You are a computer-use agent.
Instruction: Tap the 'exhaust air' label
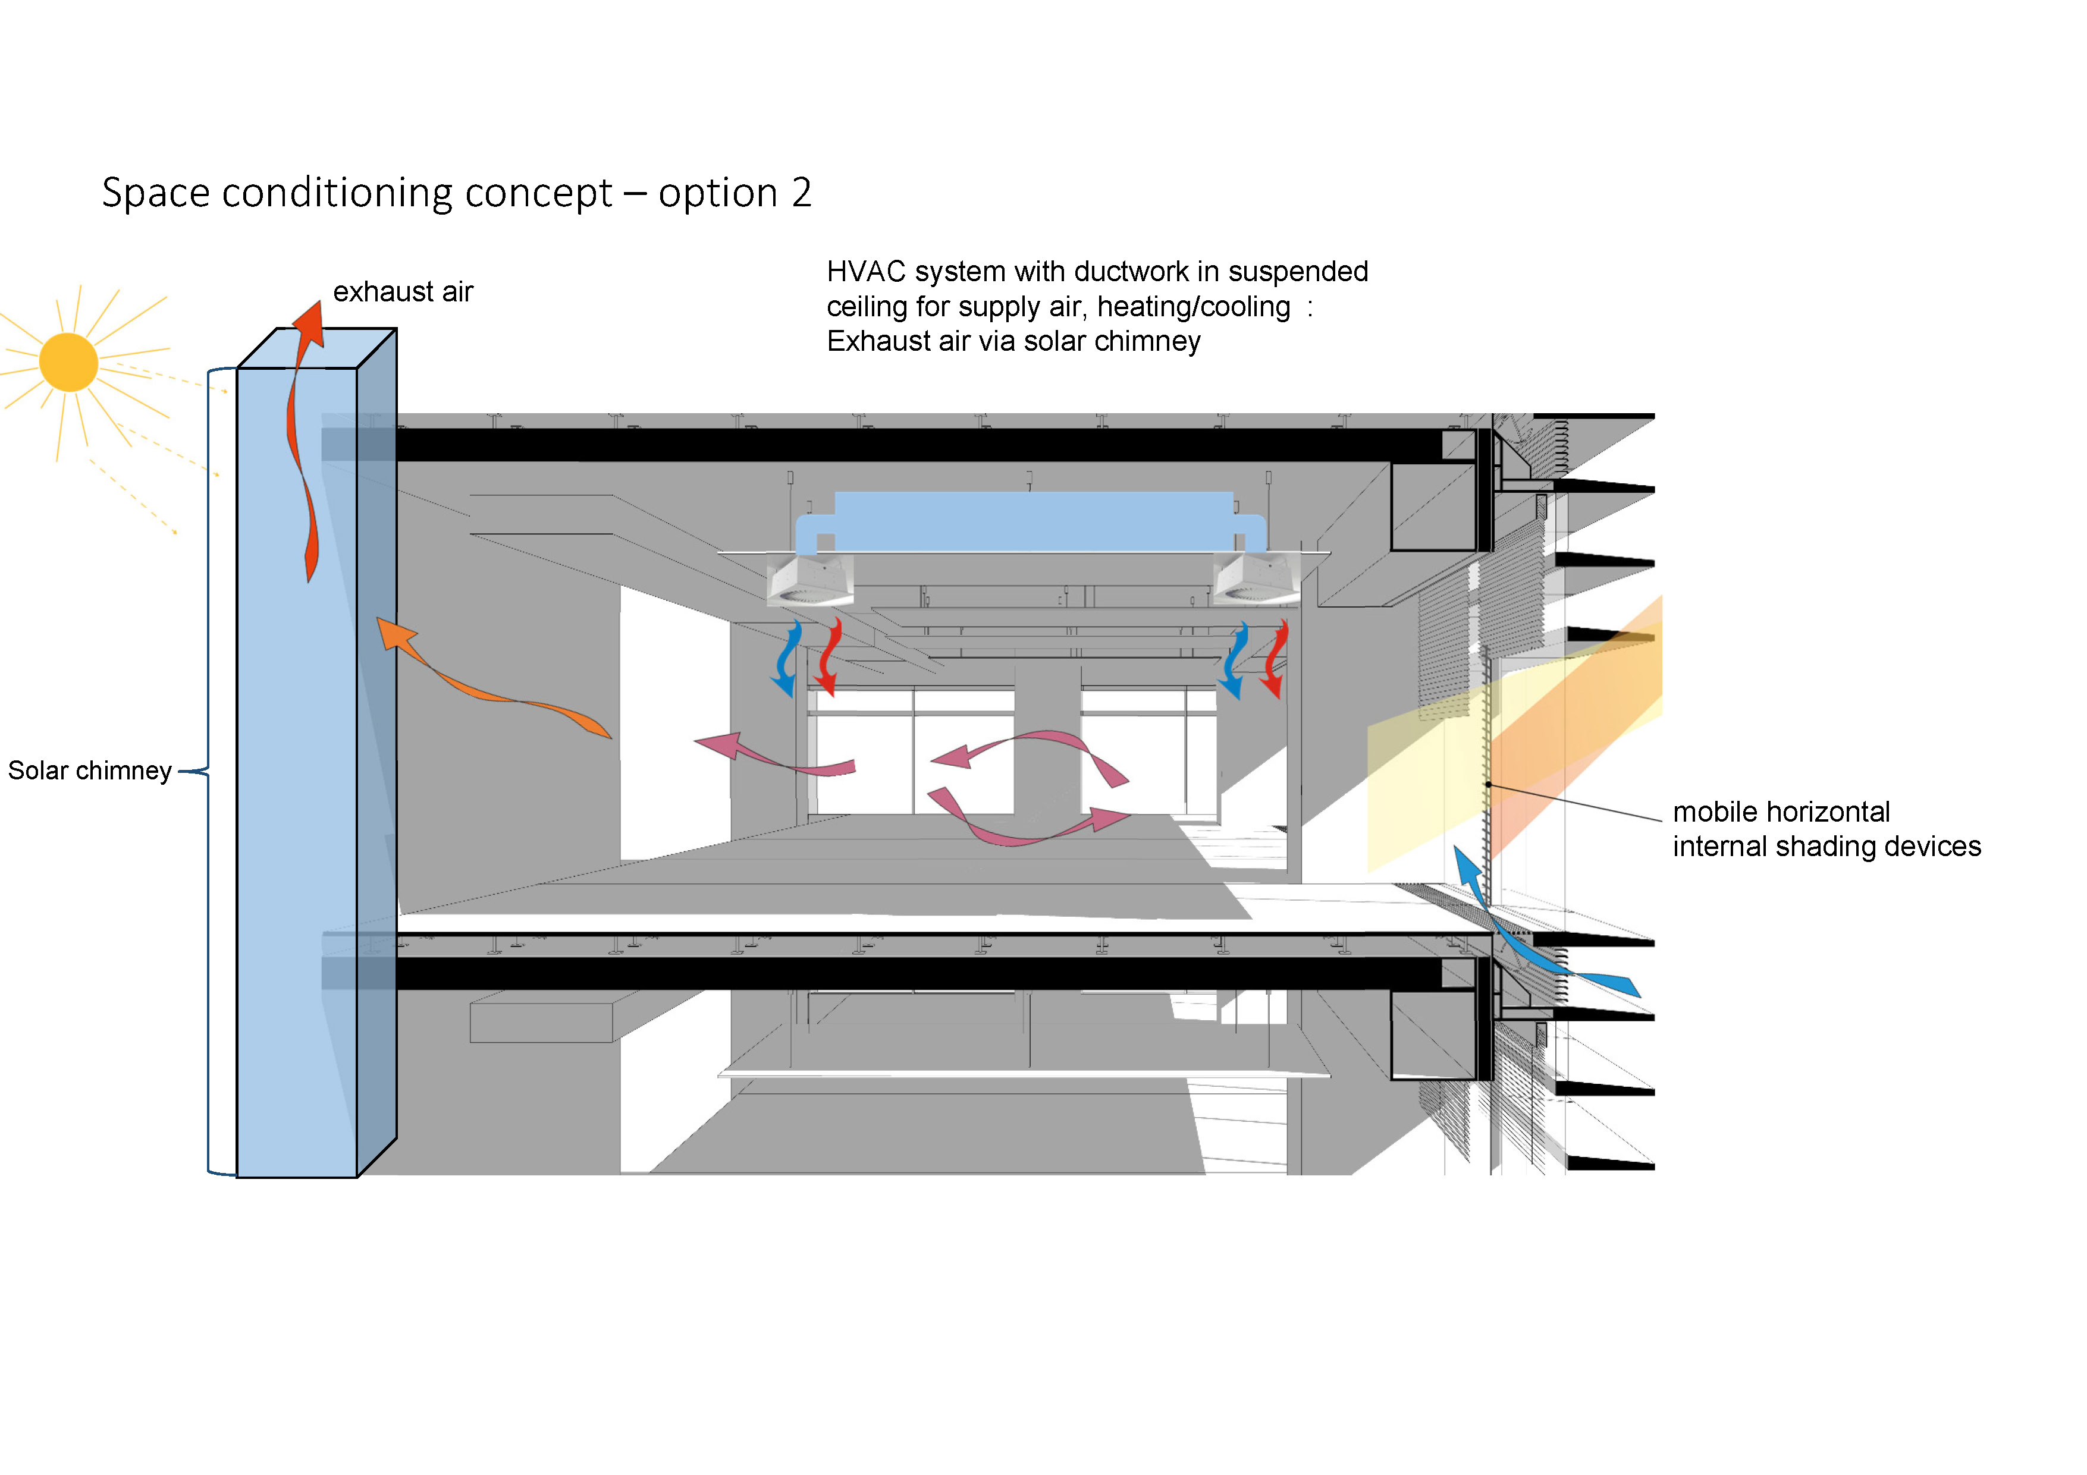403,292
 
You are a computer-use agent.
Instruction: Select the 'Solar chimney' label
89,770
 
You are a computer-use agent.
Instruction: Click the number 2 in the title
801,193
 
